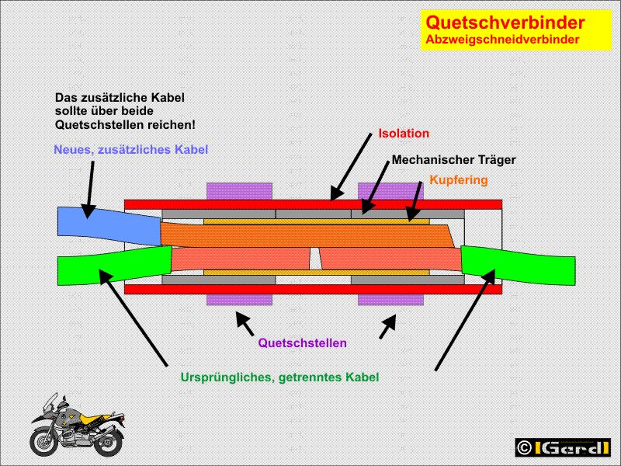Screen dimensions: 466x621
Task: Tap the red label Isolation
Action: pyautogui.click(x=403, y=134)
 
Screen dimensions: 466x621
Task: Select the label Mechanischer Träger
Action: pyautogui.click(x=453, y=160)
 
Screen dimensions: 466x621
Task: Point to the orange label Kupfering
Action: pyautogui.click(x=458, y=180)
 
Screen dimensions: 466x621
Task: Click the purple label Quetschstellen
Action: pyautogui.click(x=302, y=343)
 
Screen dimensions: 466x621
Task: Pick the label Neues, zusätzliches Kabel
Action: pyautogui.click(x=130, y=149)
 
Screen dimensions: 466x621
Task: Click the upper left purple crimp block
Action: pyautogui.click(x=239, y=191)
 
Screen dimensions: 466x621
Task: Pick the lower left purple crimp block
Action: pyautogui.click(x=239, y=300)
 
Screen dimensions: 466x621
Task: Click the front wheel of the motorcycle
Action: pyautogui.click(x=45, y=441)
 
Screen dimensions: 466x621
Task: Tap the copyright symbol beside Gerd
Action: pyautogui.click(x=525, y=447)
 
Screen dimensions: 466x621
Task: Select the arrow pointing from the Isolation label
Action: pyautogui.click(x=350, y=166)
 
